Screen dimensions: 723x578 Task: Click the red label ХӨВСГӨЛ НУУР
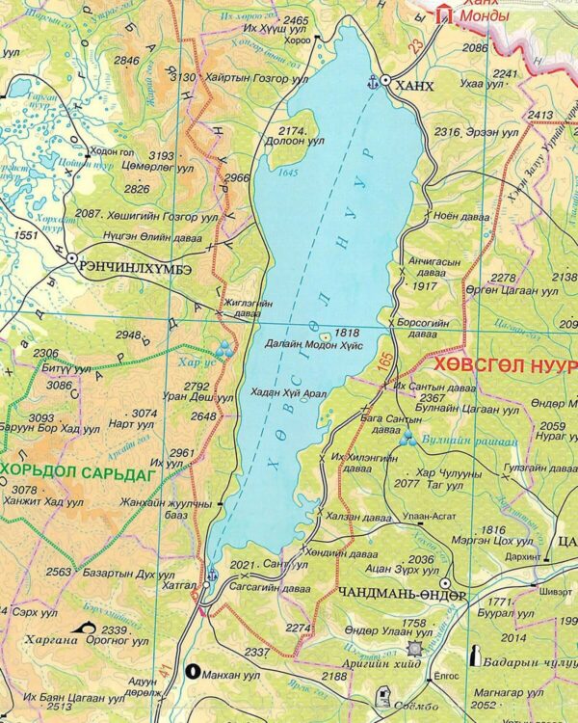tap(505, 366)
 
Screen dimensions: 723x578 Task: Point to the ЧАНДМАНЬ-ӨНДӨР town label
tap(402, 596)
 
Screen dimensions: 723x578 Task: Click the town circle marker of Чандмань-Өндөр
tap(446, 583)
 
